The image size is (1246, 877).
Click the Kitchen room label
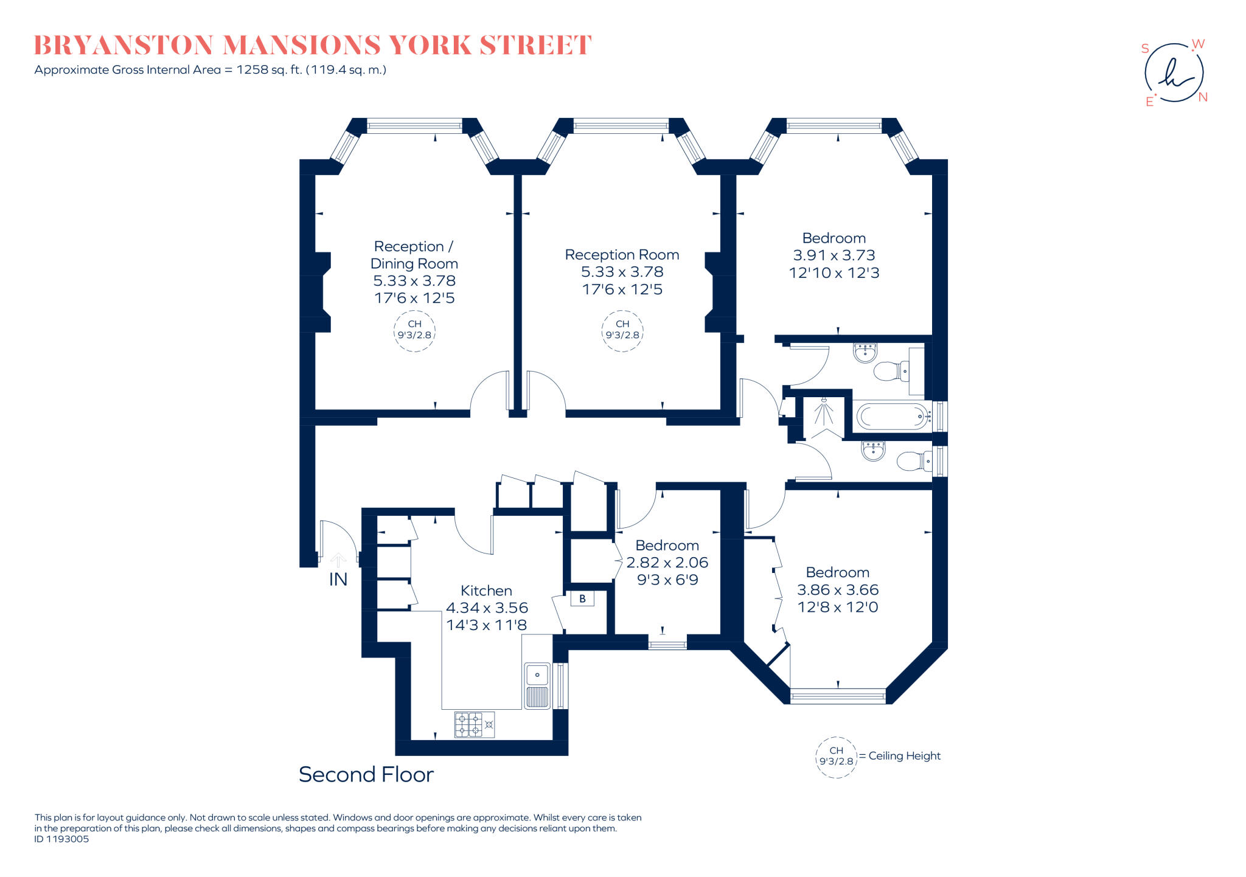[x=486, y=591]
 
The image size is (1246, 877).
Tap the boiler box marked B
[x=582, y=598]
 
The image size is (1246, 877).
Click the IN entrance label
[x=338, y=580]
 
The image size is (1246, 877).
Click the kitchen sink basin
[x=537, y=674]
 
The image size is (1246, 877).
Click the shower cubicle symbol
[x=824, y=417]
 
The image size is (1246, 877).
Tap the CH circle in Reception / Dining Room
[x=414, y=330]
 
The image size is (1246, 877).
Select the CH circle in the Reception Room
[x=622, y=330]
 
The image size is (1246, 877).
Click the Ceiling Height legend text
[x=904, y=756]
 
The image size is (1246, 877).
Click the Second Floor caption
[x=366, y=775]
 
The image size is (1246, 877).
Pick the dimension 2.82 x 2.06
[x=667, y=563]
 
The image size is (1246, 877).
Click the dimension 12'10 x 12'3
[x=834, y=272]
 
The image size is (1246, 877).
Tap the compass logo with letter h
[x=1174, y=73]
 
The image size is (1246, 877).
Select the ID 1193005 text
[x=61, y=839]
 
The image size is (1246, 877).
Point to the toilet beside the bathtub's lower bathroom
[x=913, y=461]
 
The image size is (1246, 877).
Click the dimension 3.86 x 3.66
[x=837, y=590]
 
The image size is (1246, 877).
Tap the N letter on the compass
[x=1202, y=97]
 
